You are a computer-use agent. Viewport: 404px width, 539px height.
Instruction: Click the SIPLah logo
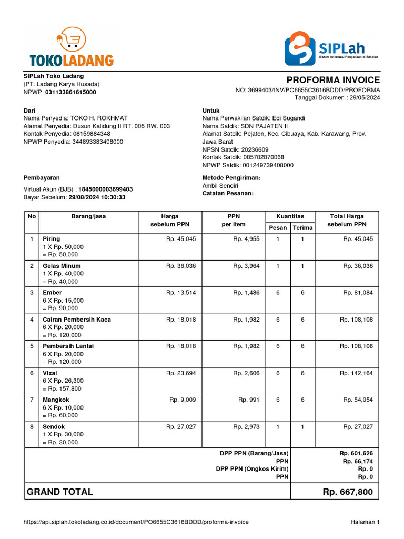331,48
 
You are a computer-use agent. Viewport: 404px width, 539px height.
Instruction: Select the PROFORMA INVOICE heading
333,80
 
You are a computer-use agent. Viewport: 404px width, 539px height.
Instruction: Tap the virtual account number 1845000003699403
106,189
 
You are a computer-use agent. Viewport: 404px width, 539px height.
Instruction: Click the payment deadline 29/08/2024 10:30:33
97,197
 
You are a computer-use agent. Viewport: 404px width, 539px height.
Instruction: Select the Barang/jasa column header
88,216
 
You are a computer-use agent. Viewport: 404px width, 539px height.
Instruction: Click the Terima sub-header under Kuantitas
302,227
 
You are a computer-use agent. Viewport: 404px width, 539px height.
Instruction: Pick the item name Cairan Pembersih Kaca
77,320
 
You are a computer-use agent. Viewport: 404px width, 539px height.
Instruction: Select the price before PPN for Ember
181,293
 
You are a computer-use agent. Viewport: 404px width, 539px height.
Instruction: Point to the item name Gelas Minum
62,266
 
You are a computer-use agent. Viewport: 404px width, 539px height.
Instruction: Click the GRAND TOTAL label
59,492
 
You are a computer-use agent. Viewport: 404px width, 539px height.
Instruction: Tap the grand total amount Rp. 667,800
348,492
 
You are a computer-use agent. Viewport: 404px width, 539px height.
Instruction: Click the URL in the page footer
136,522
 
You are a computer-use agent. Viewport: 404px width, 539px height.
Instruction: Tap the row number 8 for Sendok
32,427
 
